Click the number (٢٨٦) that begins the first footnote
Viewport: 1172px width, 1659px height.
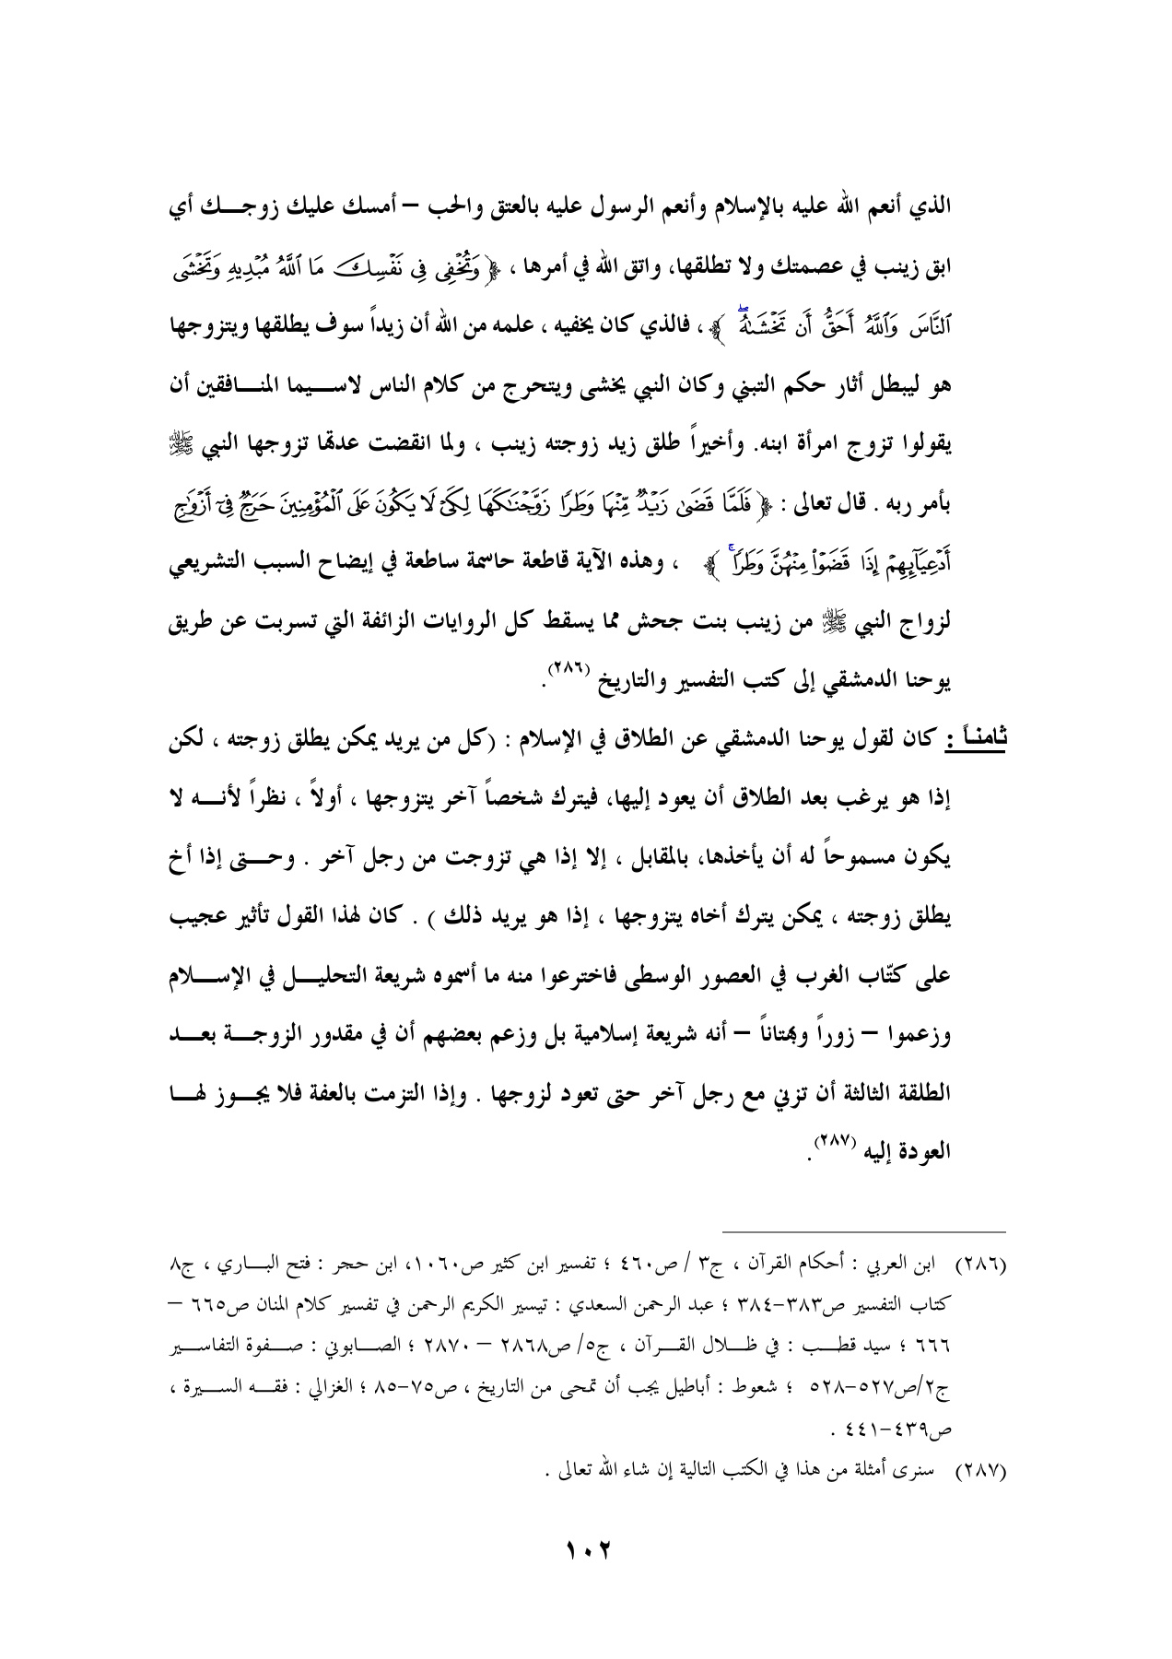(x=984, y=1260)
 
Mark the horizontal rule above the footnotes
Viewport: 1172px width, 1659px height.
(x=864, y=1229)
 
